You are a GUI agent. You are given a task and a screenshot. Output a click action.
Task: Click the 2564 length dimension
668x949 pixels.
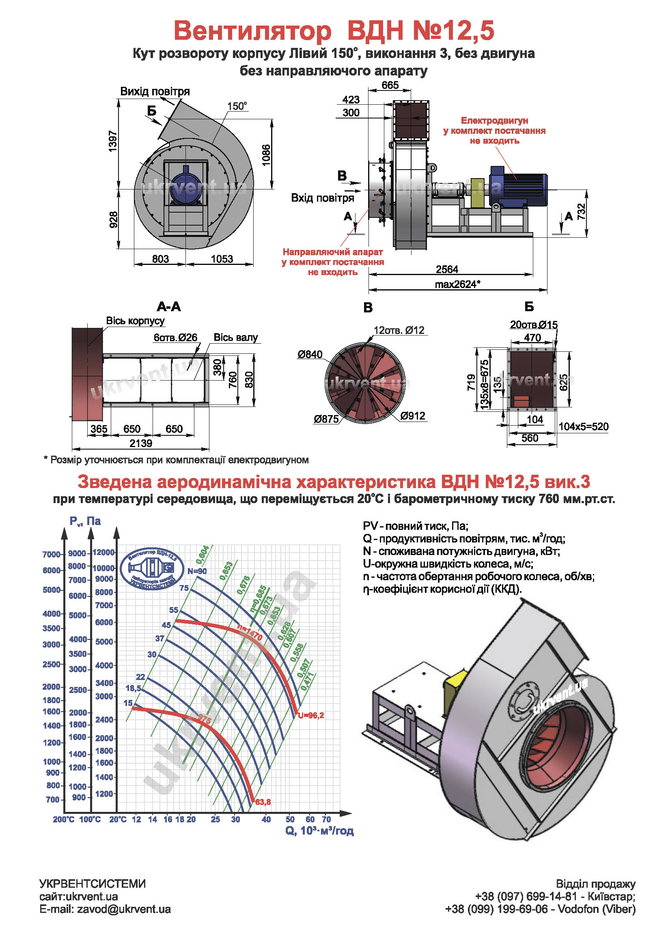click(x=447, y=269)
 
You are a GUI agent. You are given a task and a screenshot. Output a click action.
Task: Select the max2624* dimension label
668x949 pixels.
click(x=457, y=284)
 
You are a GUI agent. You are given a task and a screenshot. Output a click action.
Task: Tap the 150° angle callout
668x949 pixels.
click(x=237, y=106)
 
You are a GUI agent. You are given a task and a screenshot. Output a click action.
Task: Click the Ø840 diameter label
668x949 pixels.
click(x=310, y=354)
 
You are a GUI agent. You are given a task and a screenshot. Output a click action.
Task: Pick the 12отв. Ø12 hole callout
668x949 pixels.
click(x=399, y=330)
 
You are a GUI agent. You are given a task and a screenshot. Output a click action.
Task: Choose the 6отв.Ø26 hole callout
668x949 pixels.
click(x=176, y=338)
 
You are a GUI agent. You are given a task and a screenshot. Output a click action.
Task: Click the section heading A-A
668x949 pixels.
click(x=169, y=307)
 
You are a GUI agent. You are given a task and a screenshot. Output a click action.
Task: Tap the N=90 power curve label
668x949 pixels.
click(x=197, y=571)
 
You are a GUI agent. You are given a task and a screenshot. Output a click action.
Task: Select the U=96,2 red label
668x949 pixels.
click(x=311, y=715)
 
